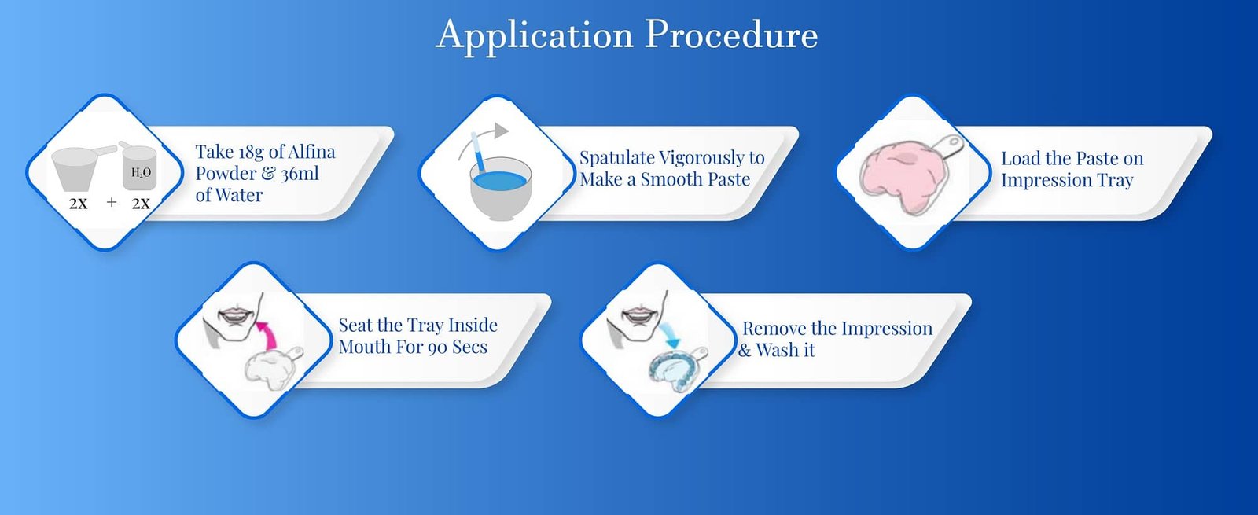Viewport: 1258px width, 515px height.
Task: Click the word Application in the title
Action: (535, 35)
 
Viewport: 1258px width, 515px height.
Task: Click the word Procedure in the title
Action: (731, 35)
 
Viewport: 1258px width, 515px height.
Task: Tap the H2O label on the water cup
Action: (141, 172)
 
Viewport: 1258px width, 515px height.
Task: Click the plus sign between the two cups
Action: (112, 203)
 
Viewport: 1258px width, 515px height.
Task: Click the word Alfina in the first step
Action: (311, 152)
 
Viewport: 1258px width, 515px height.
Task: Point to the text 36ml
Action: (300, 174)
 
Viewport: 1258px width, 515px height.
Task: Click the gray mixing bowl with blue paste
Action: (500, 197)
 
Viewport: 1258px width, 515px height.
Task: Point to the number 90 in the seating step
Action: (437, 348)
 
